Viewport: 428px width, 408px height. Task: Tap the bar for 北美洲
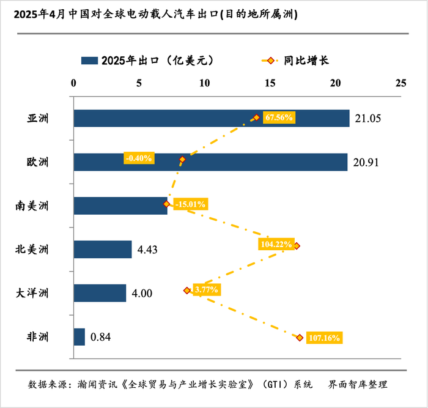[102, 249]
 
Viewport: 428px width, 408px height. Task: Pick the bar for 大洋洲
[100, 293]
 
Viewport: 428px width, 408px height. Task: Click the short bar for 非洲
[79, 337]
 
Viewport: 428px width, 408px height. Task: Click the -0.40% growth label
[139, 158]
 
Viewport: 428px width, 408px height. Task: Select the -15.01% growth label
[191, 204]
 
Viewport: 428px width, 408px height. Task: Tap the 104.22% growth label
[275, 244]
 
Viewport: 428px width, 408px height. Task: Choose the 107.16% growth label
[324, 338]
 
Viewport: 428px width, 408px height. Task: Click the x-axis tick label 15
[270, 83]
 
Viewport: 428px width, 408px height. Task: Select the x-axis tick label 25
[400, 83]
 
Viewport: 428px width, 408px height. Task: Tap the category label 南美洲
[32, 206]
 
